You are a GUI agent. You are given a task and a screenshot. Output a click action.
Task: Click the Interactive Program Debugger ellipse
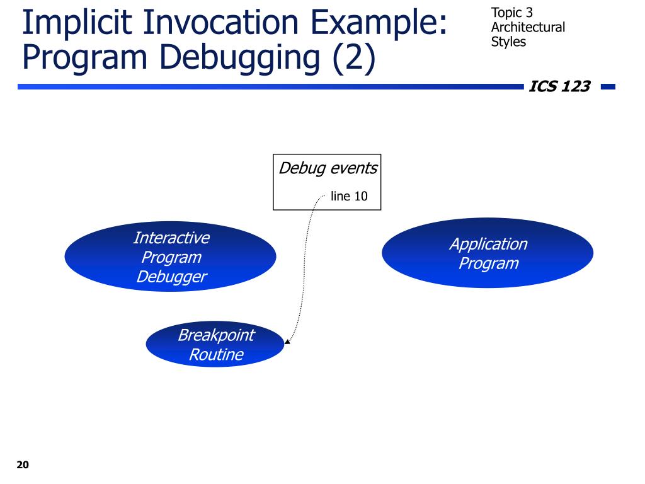(x=170, y=256)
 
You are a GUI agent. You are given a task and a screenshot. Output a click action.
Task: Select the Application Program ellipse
(x=488, y=253)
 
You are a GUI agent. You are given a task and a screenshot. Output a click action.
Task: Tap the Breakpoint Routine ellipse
(x=215, y=344)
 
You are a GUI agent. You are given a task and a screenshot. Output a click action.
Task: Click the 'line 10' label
(x=349, y=197)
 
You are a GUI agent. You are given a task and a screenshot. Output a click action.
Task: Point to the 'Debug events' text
(x=328, y=168)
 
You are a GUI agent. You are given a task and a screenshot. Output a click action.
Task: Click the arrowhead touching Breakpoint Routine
(x=287, y=341)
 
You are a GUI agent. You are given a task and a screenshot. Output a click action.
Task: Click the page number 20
(x=23, y=464)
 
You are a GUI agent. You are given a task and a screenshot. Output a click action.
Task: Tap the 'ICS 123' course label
(x=559, y=86)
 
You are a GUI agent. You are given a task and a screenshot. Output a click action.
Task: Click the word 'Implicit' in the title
(x=77, y=23)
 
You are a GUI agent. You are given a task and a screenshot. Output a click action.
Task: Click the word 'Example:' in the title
(x=379, y=24)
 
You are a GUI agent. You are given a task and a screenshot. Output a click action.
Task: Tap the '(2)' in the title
(x=354, y=59)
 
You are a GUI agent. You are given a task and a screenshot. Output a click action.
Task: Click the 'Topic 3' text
(x=511, y=13)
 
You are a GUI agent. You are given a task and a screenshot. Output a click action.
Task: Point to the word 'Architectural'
(x=528, y=27)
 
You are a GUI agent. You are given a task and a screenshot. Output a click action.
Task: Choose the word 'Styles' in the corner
(x=508, y=42)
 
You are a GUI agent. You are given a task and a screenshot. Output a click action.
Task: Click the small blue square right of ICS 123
(x=608, y=86)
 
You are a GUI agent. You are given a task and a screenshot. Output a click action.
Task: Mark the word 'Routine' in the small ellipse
(x=217, y=354)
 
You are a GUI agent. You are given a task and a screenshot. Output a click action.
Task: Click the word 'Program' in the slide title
(x=85, y=59)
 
